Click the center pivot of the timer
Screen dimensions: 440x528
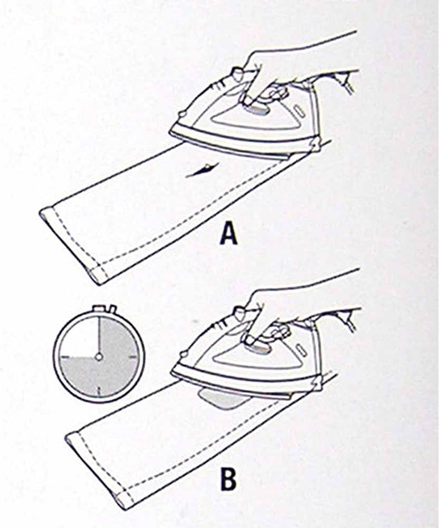(99, 356)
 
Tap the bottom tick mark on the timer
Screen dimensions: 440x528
(99, 391)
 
